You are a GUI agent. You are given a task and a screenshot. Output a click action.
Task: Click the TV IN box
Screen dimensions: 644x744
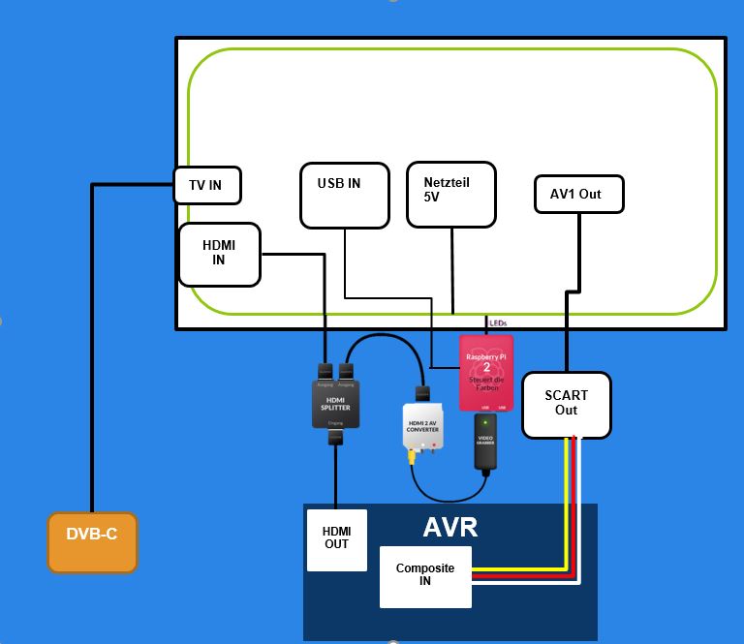coord(206,185)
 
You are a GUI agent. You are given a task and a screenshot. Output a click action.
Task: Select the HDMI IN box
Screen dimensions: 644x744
coord(219,254)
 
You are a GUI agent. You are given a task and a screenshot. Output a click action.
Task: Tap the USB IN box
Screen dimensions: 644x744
coord(344,195)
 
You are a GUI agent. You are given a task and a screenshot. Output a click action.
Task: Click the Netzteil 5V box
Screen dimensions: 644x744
coord(450,195)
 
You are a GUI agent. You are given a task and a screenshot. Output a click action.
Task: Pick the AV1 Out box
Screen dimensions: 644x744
coord(578,194)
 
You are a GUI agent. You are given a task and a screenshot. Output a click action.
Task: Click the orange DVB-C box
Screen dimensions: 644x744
coord(92,541)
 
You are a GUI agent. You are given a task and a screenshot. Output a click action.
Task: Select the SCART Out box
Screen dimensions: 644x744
coord(566,404)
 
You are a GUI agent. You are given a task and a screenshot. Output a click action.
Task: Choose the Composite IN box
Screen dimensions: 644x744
coord(425,577)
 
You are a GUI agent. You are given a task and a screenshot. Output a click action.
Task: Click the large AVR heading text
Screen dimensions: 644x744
coord(449,529)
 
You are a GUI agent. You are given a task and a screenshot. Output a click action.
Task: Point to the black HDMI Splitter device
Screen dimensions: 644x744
coord(334,402)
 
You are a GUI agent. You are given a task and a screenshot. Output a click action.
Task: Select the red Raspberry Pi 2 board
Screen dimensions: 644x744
coord(486,373)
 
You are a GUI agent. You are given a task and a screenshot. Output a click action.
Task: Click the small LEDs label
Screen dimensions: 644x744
coord(498,323)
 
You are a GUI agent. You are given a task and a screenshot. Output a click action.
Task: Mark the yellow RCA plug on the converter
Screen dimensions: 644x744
coord(412,450)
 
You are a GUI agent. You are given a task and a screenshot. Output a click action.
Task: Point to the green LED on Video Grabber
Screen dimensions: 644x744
coord(485,421)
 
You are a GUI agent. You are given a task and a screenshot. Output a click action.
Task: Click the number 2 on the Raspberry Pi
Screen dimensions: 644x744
coord(486,367)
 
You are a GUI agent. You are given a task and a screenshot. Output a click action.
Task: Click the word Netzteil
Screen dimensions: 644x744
coord(447,181)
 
